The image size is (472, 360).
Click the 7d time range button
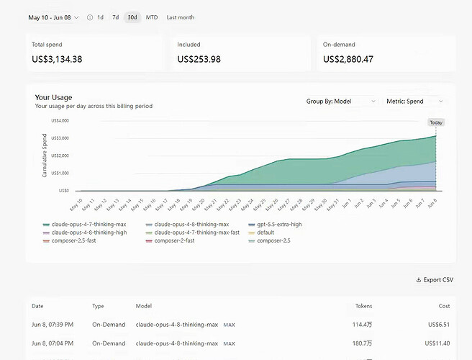click(x=116, y=17)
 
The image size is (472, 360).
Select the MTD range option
click(x=152, y=17)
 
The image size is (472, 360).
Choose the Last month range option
click(x=181, y=17)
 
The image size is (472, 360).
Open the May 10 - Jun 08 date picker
click(x=53, y=17)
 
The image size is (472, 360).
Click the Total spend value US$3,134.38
click(x=57, y=59)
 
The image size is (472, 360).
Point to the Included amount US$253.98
click(x=199, y=59)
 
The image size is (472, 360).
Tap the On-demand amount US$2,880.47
click(x=348, y=59)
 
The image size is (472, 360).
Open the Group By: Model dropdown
click(x=341, y=102)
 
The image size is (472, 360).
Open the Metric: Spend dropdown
click(x=415, y=102)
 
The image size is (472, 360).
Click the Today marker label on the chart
click(x=436, y=122)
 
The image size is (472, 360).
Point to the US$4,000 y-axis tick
click(x=60, y=120)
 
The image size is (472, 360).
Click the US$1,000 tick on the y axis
click(x=60, y=173)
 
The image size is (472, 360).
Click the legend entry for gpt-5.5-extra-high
click(x=275, y=225)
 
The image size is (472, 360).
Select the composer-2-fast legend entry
click(x=170, y=240)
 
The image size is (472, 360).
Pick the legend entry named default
click(x=261, y=233)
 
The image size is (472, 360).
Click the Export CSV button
click(x=435, y=280)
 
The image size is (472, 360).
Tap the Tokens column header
click(x=363, y=306)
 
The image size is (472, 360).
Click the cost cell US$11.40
click(x=437, y=343)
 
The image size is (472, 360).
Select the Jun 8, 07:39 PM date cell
click(x=53, y=325)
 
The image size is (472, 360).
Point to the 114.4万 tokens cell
click(x=362, y=325)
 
